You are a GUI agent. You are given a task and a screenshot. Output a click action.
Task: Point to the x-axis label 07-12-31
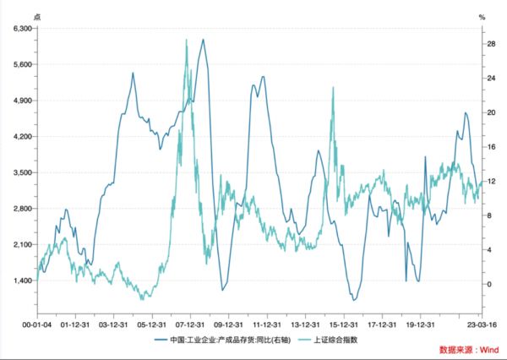click(193, 322)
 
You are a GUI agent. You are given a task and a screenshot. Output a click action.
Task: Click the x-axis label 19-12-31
click(419, 322)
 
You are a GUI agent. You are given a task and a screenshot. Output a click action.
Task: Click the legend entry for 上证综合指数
click(335, 340)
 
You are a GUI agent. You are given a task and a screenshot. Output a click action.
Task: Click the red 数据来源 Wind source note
click(468, 350)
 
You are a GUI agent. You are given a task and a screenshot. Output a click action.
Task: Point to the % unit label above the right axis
click(482, 14)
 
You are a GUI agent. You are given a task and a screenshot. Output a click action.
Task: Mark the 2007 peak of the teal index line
click(186, 40)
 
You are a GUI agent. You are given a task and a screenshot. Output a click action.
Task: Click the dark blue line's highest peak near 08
click(203, 40)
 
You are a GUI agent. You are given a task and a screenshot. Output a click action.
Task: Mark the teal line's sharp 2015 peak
click(334, 87)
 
